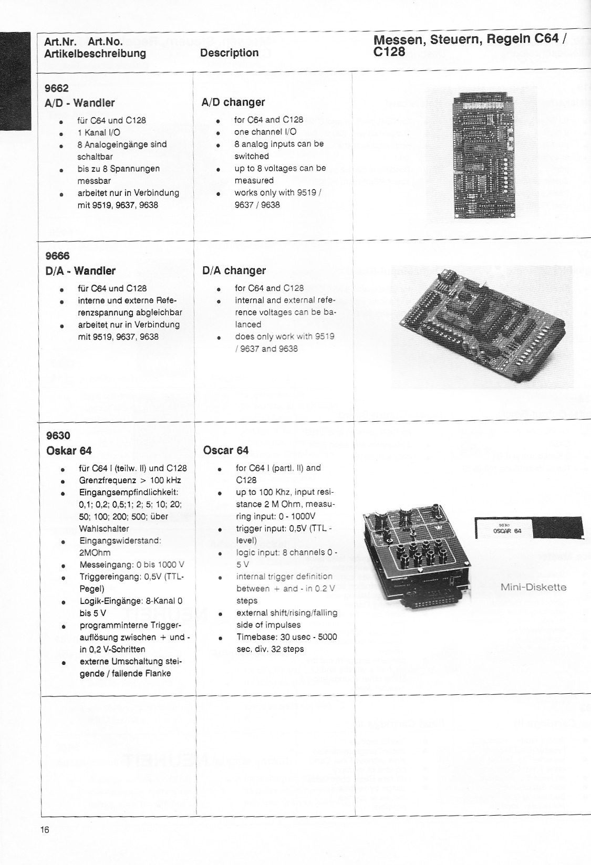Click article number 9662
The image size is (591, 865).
pos(56,88)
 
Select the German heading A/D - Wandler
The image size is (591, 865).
pos(79,103)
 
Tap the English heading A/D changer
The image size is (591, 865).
pos(233,102)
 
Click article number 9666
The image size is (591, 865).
pos(57,256)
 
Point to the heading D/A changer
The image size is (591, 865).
pos(234,270)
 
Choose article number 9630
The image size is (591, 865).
pos(58,435)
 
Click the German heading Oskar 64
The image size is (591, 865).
pos(69,451)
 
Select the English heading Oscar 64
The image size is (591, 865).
pos(225,451)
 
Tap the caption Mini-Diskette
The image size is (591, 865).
pos(533,587)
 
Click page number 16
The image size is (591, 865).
pos(45,830)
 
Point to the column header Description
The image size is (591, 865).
pos(230,53)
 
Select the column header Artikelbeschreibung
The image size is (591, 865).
pos(95,54)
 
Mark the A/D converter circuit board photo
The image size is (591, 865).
pos(481,154)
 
